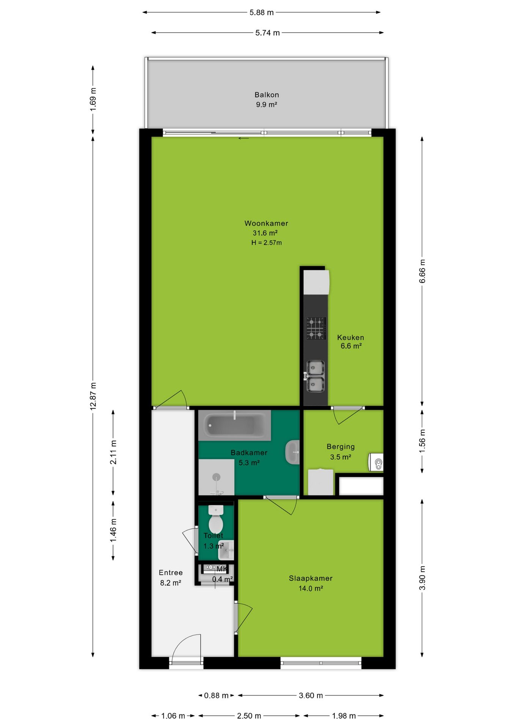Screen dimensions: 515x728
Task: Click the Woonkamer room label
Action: tap(266, 223)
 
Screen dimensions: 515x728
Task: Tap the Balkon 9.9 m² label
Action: tap(267, 99)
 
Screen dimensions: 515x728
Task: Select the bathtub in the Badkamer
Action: tap(234, 425)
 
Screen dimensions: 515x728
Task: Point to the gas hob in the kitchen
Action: tap(316, 328)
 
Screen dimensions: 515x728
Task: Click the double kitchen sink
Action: tap(316, 376)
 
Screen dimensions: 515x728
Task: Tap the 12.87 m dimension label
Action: tap(93, 396)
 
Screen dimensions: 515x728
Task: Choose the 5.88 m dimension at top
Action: tap(262, 13)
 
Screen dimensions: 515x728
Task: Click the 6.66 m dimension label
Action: tap(422, 271)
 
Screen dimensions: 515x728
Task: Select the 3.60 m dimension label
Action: tap(311, 695)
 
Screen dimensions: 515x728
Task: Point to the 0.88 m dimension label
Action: tap(216, 695)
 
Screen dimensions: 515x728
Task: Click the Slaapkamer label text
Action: tap(311, 578)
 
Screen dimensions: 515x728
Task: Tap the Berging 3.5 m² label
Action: tap(341, 452)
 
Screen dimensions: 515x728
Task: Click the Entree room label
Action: tap(171, 573)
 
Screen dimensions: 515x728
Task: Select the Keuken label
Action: tap(350, 337)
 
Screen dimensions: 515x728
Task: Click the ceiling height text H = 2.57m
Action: tap(267, 243)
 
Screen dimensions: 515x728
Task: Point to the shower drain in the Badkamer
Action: tap(216, 477)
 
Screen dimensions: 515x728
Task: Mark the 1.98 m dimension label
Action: tap(344, 716)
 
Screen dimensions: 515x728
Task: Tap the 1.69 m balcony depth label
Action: tap(93, 99)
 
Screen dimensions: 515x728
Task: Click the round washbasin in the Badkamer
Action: tap(292, 452)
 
